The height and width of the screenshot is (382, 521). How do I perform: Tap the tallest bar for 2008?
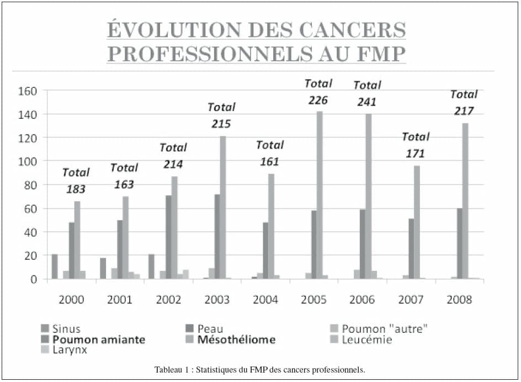pos(465,202)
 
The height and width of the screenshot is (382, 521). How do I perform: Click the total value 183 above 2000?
pos(76,189)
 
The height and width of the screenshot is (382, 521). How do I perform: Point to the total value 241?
pos(367,102)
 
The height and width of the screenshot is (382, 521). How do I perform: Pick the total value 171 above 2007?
pos(416,153)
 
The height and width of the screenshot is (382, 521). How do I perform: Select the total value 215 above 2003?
pos(221,124)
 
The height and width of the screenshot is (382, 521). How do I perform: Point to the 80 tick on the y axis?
pos(30,185)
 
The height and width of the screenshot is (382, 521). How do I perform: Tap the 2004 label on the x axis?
pos(265,300)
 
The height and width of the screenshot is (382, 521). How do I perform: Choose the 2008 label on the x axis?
pos(459,300)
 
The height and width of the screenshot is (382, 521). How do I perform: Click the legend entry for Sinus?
pos(61,329)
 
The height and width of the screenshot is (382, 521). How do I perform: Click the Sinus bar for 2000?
pos(55,266)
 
